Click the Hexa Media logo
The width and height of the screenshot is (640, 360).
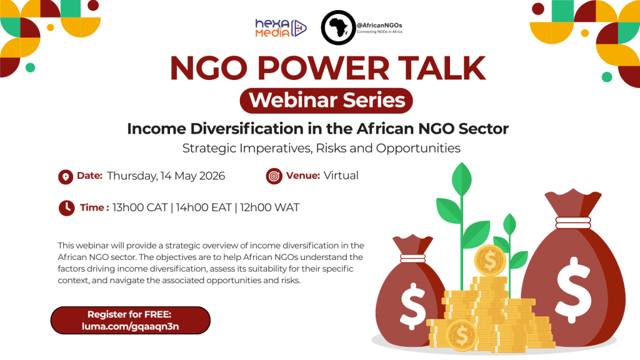tap(281, 27)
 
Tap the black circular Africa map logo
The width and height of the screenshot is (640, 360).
tap(338, 27)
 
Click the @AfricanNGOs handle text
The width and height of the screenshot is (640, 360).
tap(379, 25)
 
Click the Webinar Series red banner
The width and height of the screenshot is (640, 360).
tap(326, 101)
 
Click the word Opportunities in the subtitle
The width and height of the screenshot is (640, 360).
tap(418, 148)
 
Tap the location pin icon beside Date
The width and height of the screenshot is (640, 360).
tap(65, 177)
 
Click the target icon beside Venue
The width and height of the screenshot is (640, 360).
tap(274, 176)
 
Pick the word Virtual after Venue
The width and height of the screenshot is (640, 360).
tap(341, 176)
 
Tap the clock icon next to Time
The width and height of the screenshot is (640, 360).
tap(66, 207)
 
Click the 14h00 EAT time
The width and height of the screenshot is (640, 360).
tap(204, 207)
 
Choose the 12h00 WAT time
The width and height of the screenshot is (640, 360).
tap(269, 207)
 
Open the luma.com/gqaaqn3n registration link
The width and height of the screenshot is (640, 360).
tap(130, 326)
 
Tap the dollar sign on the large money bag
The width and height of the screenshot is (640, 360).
tap(574, 289)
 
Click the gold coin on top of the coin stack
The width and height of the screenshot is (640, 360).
tap(490, 261)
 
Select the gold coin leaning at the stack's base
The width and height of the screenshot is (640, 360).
tap(462, 335)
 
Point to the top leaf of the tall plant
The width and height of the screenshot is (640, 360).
tap(462, 179)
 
